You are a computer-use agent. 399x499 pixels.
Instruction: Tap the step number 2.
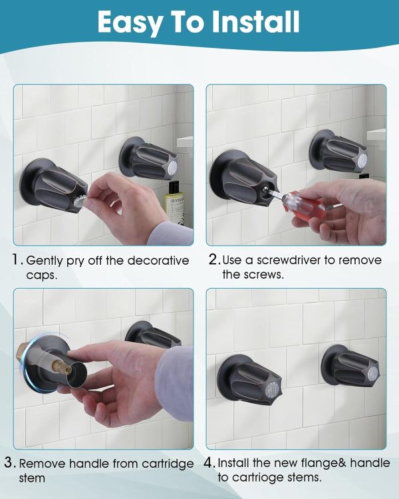pyautogui.click(x=213, y=260)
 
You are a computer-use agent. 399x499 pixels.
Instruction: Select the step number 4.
pyautogui.click(x=210, y=463)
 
